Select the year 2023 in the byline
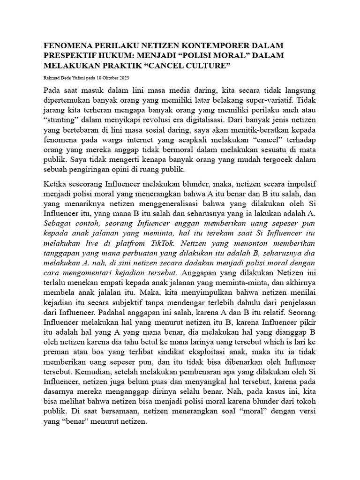tap(124, 77)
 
